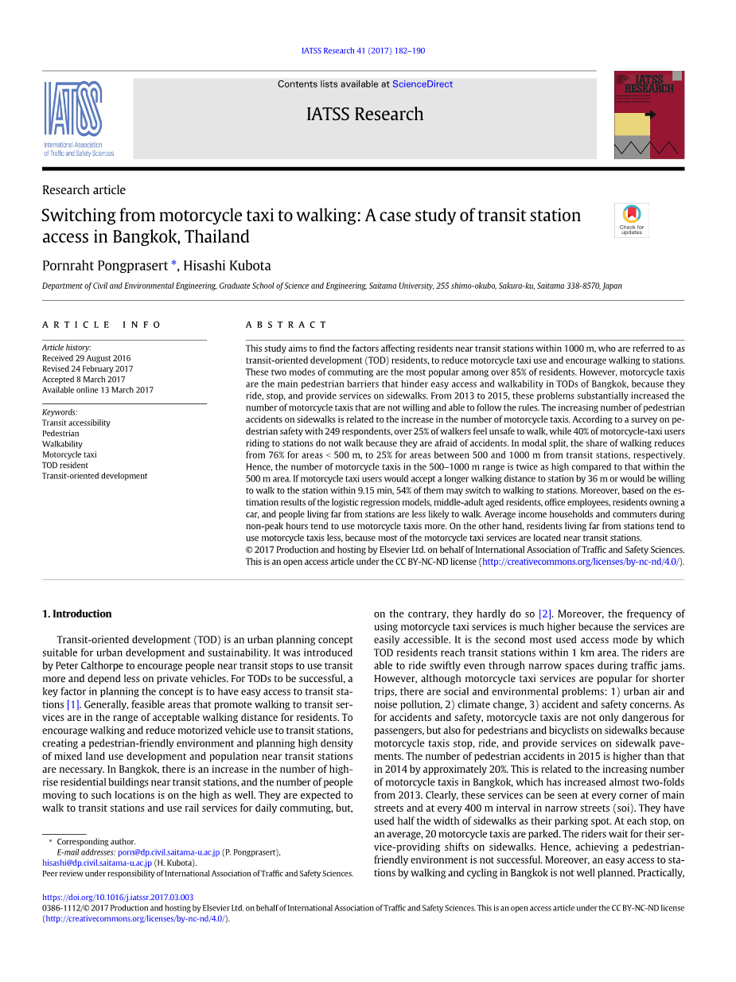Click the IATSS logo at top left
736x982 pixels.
pyautogui.click(x=79, y=118)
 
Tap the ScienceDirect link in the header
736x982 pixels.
pyautogui.click(x=423, y=84)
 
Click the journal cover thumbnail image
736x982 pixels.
pyautogui.click(x=648, y=115)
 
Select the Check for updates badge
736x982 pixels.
pyautogui.click(x=631, y=220)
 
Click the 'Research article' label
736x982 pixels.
pyautogui.click(x=84, y=190)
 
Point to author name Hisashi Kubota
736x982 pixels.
pyautogui.click(x=227, y=266)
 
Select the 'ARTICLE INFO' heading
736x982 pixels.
pyautogui.click(x=102, y=325)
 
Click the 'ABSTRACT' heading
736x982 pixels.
pyautogui.click(x=286, y=325)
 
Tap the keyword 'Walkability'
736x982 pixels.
pyautogui.click(x=62, y=444)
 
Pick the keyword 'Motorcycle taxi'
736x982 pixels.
pyautogui.click(x=69, y=454)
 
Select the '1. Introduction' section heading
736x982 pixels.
pyautogui.click(x=76, y=614)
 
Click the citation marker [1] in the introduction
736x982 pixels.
pyautogui.click(x=73, y=704)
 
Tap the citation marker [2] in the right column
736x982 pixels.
pyautogui.click(x=545, y=614)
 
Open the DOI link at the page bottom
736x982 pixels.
pyautogui.click(x=117, y=897)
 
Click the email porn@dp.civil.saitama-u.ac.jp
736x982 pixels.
pyautogui.click(x=169, y=852)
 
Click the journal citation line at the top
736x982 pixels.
pyautogui.click(x=363, y=51)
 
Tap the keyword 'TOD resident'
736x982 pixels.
pyautogui.click(x=65, y=466)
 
